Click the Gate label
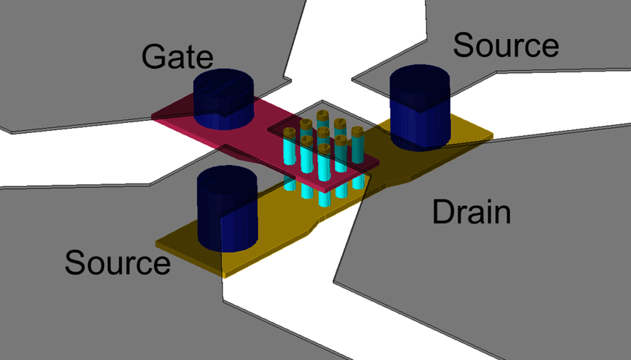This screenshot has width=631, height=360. click(x=177, y=56)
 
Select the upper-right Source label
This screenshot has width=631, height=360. click(x=505, y=46)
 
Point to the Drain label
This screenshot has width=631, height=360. click(x=471, y=213)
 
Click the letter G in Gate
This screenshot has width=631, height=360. click(x=153, y=56)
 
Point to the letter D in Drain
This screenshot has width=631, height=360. click(x=442, y=213)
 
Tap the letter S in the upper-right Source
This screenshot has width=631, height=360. click(x=464, y=46)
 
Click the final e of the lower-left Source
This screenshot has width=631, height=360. click(x=160, y=265)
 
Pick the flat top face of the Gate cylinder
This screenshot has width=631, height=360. click(x=224, y=81)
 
